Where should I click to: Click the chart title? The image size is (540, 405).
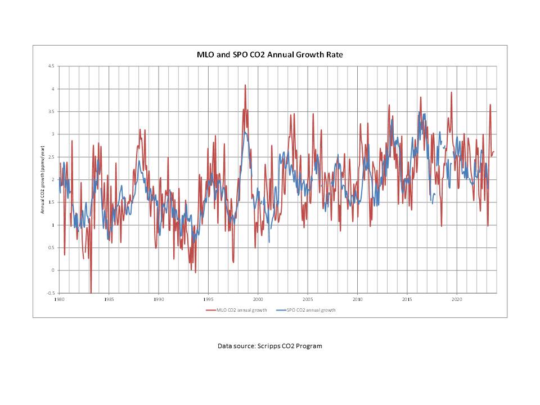269,55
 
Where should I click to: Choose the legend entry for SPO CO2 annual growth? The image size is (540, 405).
307,310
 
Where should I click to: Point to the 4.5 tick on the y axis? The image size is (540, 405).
51,66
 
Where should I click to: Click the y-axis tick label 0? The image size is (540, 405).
53,271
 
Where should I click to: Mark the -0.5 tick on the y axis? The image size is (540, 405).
51,293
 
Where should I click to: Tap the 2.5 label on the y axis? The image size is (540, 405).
51,157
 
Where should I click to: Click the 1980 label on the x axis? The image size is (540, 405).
59,299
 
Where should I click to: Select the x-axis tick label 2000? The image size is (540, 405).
258,299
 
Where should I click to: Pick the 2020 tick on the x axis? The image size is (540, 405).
457,299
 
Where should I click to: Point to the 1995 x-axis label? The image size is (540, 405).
208,299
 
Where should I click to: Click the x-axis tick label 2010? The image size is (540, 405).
358,299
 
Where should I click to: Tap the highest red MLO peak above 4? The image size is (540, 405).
245,85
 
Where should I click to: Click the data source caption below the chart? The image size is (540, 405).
270,346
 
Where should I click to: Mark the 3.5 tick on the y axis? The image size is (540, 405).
51,111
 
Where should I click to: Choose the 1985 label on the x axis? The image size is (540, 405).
109,299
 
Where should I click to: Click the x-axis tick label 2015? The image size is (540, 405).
407,299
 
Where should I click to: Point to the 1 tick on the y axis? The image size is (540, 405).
53,225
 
